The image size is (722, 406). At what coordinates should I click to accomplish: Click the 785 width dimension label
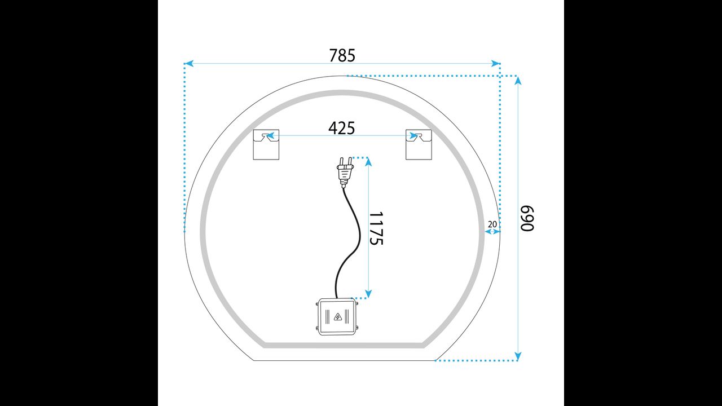pyautogui.click(x=342, y=55)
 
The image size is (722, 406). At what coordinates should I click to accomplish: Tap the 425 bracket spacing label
pyautogui.click(x=342, y=128)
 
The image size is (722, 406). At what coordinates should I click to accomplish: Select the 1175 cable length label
pyautogui.click(x=376, y=228)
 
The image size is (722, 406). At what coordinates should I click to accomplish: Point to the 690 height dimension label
pyautogui.click(x=527, y=218)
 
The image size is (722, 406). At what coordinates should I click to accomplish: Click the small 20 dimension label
pyautogui.click(x=492, y=224)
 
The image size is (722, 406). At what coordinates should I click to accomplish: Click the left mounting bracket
pyautogui.click(x=266, y=145)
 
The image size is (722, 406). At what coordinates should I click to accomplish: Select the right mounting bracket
pyautogui.click(x=419, y=145)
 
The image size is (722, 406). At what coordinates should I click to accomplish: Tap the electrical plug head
pyautogui.click(x=345, y=173)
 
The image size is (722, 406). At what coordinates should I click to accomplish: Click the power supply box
pyautogui.click(x=337, y=317)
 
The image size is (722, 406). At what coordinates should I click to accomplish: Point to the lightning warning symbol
pyautogui.click(x=337, y=317)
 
